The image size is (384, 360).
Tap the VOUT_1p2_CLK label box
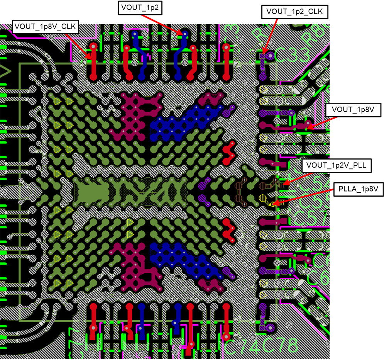pyautogui.click(x=295, y=12)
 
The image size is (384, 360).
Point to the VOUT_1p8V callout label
pyautogui.click(x=354, y=110)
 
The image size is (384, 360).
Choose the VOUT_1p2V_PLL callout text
pyautogui.click(x=337, y=166)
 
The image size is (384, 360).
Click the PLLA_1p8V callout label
pyautogui.click(x=358, y=189)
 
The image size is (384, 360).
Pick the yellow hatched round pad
pyautogui.click(x=264, y=199)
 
